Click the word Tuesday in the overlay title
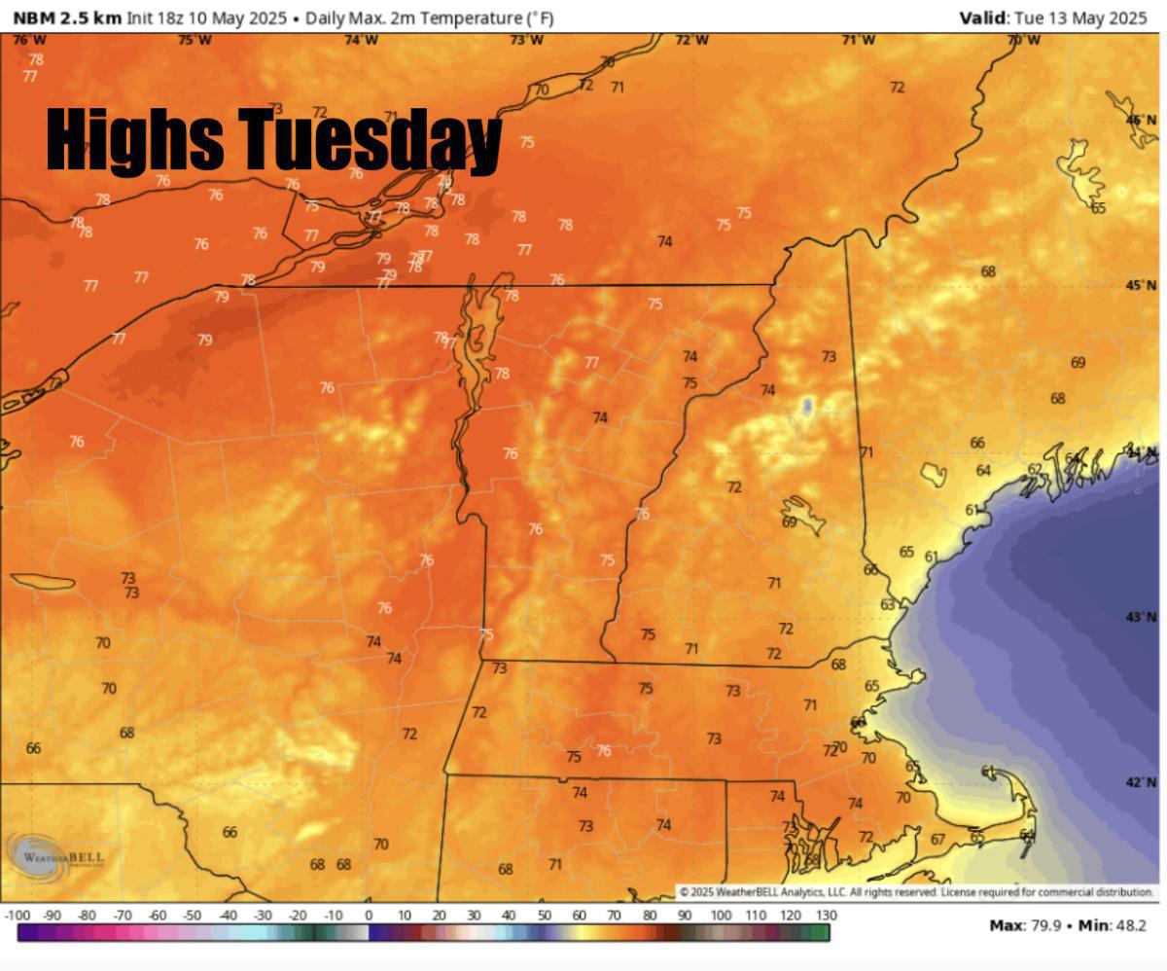tap(370, 139)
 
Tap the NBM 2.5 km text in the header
tap(67, 18)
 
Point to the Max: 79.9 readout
tap(1026, 925)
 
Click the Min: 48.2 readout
tap(1114, 925)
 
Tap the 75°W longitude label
tap(195, 40)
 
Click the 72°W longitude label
tap(691, 40)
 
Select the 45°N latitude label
tap(1141, 286)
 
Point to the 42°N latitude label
tap(1141, 782)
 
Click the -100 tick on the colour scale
tap(18, 916)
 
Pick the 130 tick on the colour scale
tap(825, 916)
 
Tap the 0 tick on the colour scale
tap(369, 916)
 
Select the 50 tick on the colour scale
tap(544, 916)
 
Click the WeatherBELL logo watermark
tap(56, 857)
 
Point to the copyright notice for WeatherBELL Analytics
tap(917, 892)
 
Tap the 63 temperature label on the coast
tap(888, 605)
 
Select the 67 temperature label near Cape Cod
tap(937, 840)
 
